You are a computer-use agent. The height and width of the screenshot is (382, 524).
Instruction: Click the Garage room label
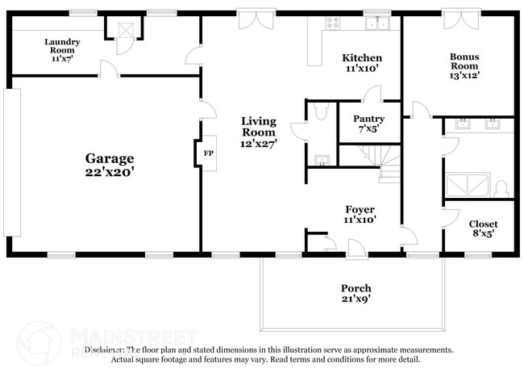pyautogui.click(x=110, y=158)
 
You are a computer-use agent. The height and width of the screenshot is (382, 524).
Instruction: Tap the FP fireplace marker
pyautogui.click(x=208, y=153)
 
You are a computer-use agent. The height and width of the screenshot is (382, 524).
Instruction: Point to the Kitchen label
pyautogui.click(x=362, y=58)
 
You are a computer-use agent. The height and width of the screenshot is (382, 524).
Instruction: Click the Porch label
pyautogui.click(x=356, y=288)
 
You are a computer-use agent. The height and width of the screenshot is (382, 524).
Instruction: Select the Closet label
pyautogui.click(x=483, y=224)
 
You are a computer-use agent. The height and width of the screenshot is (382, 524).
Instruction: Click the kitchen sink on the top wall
pyautogui.click(x=376, y=24)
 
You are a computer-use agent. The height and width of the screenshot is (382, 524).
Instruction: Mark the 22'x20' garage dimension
pyautogui.click(x=110, y=171)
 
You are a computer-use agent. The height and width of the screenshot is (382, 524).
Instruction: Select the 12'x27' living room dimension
pyautogui.click(x=260, y=144)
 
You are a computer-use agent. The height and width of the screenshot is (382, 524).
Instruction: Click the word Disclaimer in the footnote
pyautogui.click(x=106, y=350)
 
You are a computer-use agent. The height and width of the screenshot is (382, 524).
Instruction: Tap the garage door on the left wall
pyautogui.click(x=13, y=162)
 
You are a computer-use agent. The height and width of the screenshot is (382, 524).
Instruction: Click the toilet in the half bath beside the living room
pyautogui.click(x=321, y=113)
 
